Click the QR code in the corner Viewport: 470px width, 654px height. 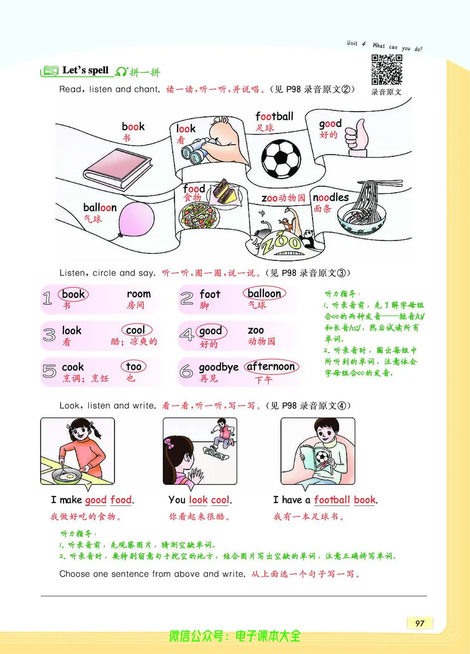(x=387, y=69)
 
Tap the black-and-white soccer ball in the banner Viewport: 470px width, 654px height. (x=281, y=157)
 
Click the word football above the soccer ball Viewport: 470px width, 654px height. (x=274, y=116)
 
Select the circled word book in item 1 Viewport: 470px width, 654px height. (x=73, y=294)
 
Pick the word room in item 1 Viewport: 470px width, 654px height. (x=139, y=294)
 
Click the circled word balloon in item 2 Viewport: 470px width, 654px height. (x=264, y=293)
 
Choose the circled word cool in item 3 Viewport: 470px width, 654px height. (x=135, y=330)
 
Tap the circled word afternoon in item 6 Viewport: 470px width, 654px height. (x=271, y=367)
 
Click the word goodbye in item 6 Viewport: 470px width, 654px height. (x=219, y=367)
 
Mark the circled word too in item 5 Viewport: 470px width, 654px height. (x=133, y=367)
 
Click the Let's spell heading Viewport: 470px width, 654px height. (x=86, y=71)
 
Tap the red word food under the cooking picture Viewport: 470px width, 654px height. (x=121, y=500)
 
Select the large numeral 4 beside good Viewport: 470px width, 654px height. (x=187, y=335)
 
